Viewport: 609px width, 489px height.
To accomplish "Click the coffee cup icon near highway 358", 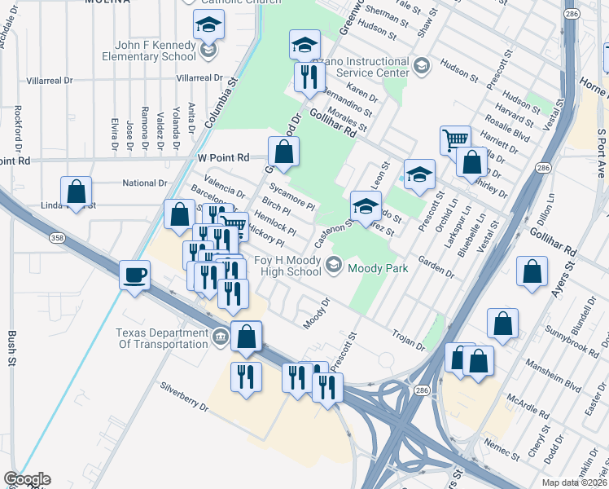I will pyautogui.click(x=135, y=275).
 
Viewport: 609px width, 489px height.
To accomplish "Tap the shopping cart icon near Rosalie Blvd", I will pyautogui.click(x=455, y=139).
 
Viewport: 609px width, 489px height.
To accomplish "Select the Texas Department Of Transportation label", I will pyautogui.click(x=161, y=338).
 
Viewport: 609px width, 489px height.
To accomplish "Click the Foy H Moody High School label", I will pyautogui.click(x=276, y=266).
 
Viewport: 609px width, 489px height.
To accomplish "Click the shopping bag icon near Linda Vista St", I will pyautogui.click(x=76, y=192).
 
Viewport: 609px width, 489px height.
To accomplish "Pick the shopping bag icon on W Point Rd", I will pyautogui.click(x=283, y=152).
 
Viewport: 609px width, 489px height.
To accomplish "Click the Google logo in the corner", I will pyautogui.click(x=26, y=479).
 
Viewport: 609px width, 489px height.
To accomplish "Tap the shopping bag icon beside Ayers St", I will pyautogui.click(x=532, y=273).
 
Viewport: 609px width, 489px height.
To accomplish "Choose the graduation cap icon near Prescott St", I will pyautogui.click(x=419, y=174).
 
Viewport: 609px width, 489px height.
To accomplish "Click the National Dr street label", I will pyautogui.click(x=144, y=183).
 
